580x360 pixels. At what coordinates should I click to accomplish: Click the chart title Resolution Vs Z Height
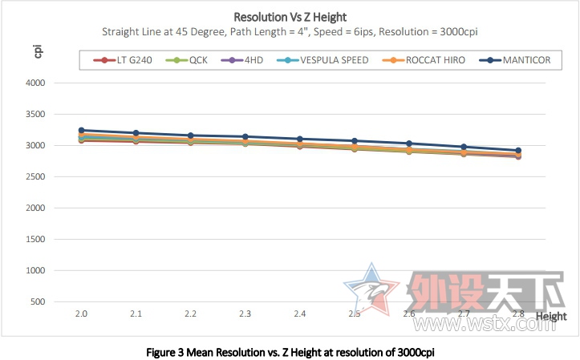pos(290,16)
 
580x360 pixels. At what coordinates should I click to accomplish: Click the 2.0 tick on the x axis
pos(82,314)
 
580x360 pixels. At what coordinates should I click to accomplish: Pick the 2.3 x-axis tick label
pos(245,314)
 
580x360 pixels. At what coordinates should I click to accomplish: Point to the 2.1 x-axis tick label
pos(136,314)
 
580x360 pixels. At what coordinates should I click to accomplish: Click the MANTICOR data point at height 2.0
pos(82,130)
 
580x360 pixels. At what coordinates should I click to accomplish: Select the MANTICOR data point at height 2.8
pos(518,151)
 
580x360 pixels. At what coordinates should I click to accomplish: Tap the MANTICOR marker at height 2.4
pos(299,139)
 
